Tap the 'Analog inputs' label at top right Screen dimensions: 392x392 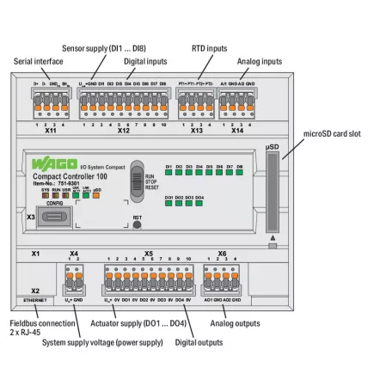(x=260, y=62)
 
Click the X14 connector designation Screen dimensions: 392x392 (x=237, y=133)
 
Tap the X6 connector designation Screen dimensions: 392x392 (x=222, y=254)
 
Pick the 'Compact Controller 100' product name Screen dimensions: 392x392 (x=76, y=177)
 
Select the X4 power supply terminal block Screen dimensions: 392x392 (x=73, y=277)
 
